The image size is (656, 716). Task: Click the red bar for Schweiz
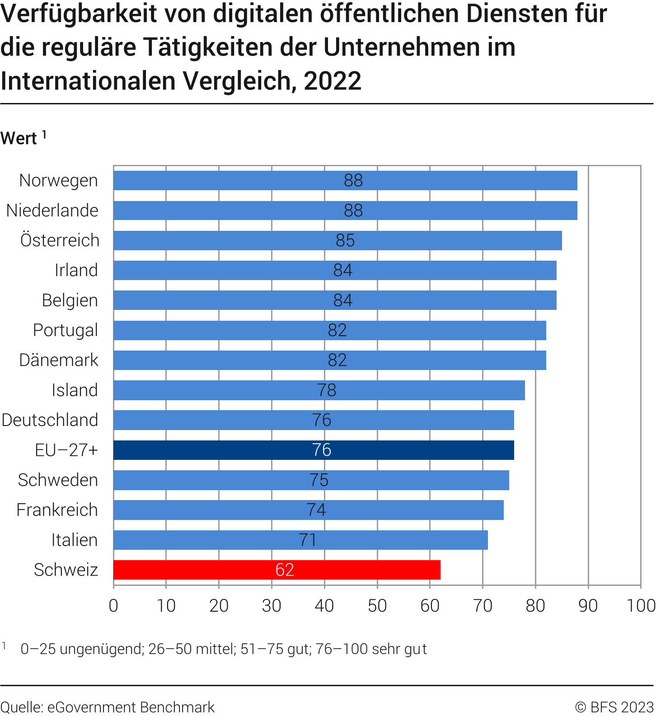(x=276, y=570)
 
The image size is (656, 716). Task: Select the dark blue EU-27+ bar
(x=314, y=450)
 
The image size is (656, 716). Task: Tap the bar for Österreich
(x=337, y=240)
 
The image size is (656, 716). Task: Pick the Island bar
(x=319, y=390)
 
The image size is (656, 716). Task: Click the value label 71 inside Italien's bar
(x=308, y=540)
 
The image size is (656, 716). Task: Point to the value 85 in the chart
(x=345, y=240)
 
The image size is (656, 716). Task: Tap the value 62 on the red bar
(x=285, y=570)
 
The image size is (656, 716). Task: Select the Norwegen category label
(x=58, y=180)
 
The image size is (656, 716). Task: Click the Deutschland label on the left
(x=50, y=420)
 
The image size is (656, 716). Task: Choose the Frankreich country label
(x=57, y=510)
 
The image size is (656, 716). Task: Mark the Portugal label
(x=65, y=330)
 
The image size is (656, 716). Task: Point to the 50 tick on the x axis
(x=377, y=605)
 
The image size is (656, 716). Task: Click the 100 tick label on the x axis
(x=641, y=605)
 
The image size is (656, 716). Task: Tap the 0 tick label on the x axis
(x=113, y=605)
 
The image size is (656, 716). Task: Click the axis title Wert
(x=19, y=138)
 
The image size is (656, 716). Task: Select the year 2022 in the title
(x=333, y=81)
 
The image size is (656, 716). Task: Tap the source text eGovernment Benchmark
(x=131, y=707)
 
